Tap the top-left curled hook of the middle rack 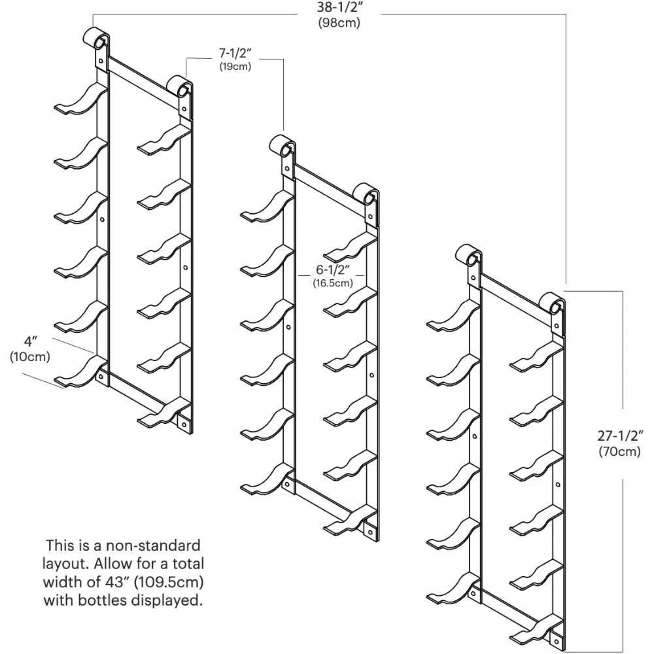point(283,145)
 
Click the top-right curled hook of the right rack point(555,304)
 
